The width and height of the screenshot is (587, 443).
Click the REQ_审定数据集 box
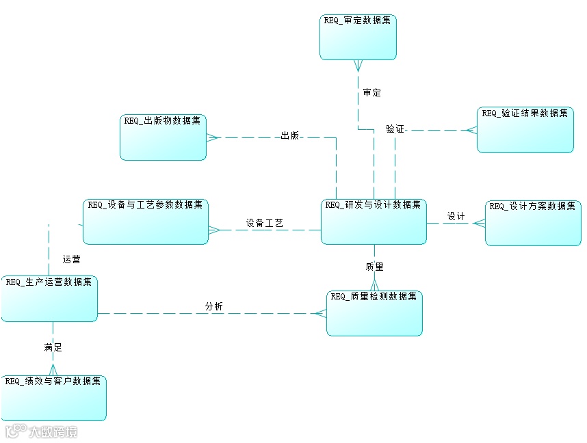point(358,37)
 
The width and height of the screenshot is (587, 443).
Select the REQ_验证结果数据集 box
point(525,129)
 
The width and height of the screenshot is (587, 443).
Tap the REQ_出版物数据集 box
point(163,137)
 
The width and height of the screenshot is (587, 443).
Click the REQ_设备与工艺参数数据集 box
point(146,221)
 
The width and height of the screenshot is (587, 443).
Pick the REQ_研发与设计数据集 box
point(374,221)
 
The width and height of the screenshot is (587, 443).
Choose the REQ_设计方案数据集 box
point(533,223)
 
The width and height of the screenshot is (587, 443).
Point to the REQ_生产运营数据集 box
point(49,298)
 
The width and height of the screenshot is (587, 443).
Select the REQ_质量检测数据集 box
point(374,313)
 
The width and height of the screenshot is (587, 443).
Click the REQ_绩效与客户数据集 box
point(53,397)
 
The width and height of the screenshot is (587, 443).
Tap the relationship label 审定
point(372,93)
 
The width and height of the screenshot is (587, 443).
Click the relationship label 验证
point(395,129)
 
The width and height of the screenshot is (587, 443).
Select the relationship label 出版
point(290,136)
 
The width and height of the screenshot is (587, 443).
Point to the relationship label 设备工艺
point(265,223)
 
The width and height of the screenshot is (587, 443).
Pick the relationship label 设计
point(456,217)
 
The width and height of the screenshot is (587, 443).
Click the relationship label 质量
point(374,267)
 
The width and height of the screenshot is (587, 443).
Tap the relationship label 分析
point(214,306)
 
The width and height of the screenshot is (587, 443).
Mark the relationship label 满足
point(53,347)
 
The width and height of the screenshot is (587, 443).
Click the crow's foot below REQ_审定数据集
point(357,66)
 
